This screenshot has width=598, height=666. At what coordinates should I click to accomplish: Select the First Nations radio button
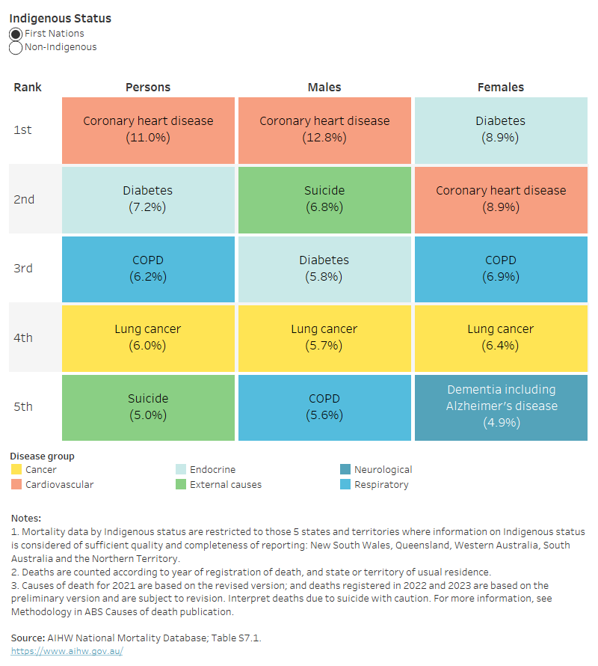pyautogui.click(x=16, y=34)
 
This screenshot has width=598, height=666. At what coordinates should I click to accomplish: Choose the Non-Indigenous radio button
pyautogui.click(x=16, y=47)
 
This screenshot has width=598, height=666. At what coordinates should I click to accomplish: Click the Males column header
pyautogui.click(x=324, y=87)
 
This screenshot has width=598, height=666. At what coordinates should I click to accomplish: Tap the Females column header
pyautogui.click(x=500, y=87)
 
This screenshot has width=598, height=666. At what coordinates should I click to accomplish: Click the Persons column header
pyautogui.click(x=147, y=87)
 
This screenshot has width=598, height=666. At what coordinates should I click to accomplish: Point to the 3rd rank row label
pyautogui.click(x=23, y=268)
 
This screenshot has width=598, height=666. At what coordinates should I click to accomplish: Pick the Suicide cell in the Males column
pyautogui.click(x=324, y=199)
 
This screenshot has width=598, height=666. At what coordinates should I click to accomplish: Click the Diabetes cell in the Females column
pyautogui.click(x=500, y=129)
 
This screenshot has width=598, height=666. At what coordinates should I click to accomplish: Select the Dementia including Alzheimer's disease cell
pyautogui.click(x=500, y=406)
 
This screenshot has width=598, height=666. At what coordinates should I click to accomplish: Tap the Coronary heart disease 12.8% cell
pyautogui.click(x=324, y=129)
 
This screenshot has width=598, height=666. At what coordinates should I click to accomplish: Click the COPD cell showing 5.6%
pyautogui.click(x=324, y=406)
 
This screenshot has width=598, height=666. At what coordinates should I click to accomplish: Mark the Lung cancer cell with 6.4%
pyautogui.click(x=500, y=337)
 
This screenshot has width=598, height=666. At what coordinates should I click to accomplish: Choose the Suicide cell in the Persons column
pyautogui.click(x=147, y=406)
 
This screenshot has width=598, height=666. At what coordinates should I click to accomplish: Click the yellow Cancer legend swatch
pyautogui.click(x=16, y=470)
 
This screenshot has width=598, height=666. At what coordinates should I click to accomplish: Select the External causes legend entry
pyautogui.click(x=225, y=484)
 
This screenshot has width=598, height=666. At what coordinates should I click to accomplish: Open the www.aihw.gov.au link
pyautogui.click(x=67, y=651)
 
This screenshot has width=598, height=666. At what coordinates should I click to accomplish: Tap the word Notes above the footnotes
pyautogui.click(x=26, y=518)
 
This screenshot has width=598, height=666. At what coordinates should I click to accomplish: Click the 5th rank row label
pyautogui.click(x=23, y=406)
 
